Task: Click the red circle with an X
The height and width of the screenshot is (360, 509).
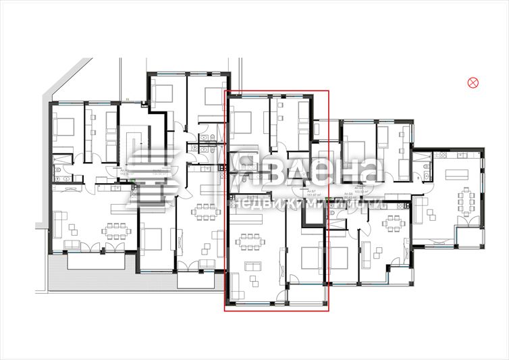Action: point(473,82)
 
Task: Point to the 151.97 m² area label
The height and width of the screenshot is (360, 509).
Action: point(312,197)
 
